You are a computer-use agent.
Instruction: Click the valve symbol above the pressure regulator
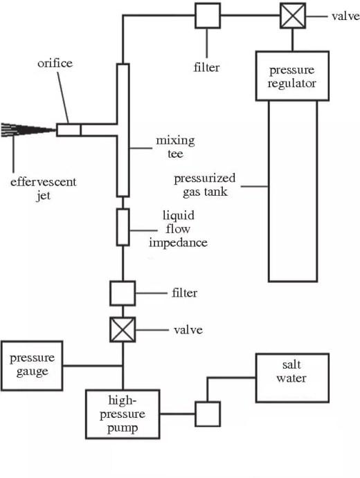pyautogui.click(x=293, y=15)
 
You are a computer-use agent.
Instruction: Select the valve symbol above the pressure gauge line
pyautogui.click(x=123, y=329)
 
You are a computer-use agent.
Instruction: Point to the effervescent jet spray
pyautogui.click(x=28, y=130)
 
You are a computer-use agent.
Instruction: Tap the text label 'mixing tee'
pyautogui.click(x=175, y=147)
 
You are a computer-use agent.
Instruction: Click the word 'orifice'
pyautogui.click(x=55, y=63)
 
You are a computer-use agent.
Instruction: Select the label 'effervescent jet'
pyautogui.click(x=44, y=189)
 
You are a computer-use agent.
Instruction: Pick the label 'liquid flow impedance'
pyautogui.click(x=178, y=229)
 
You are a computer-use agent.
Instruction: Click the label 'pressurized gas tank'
pyautogui.click(x=205, y=185)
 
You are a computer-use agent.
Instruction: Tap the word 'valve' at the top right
pyautogui.click(x=345, y=16)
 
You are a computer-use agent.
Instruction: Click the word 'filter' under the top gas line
pyautogui.click(x=206, y=67)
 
